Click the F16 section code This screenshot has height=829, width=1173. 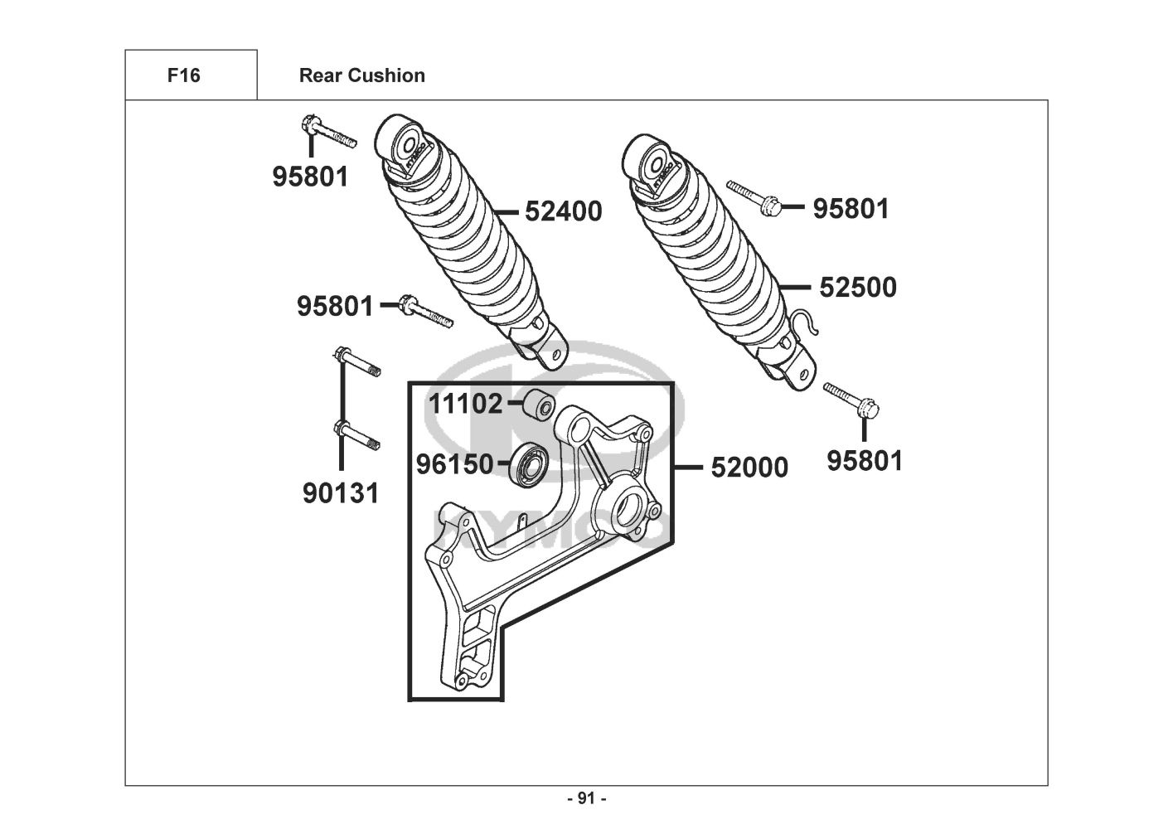184,75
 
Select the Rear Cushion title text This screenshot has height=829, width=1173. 362,75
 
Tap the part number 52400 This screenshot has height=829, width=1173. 564,211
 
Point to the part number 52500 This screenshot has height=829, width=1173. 858,288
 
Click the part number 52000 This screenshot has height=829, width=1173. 749,468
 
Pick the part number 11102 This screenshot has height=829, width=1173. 466,404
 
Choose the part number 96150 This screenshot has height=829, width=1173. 454,464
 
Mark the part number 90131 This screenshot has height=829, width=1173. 341,493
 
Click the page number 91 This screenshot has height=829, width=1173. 587,798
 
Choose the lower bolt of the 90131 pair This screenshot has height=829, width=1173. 357,436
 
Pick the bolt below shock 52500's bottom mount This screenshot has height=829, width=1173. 851,400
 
